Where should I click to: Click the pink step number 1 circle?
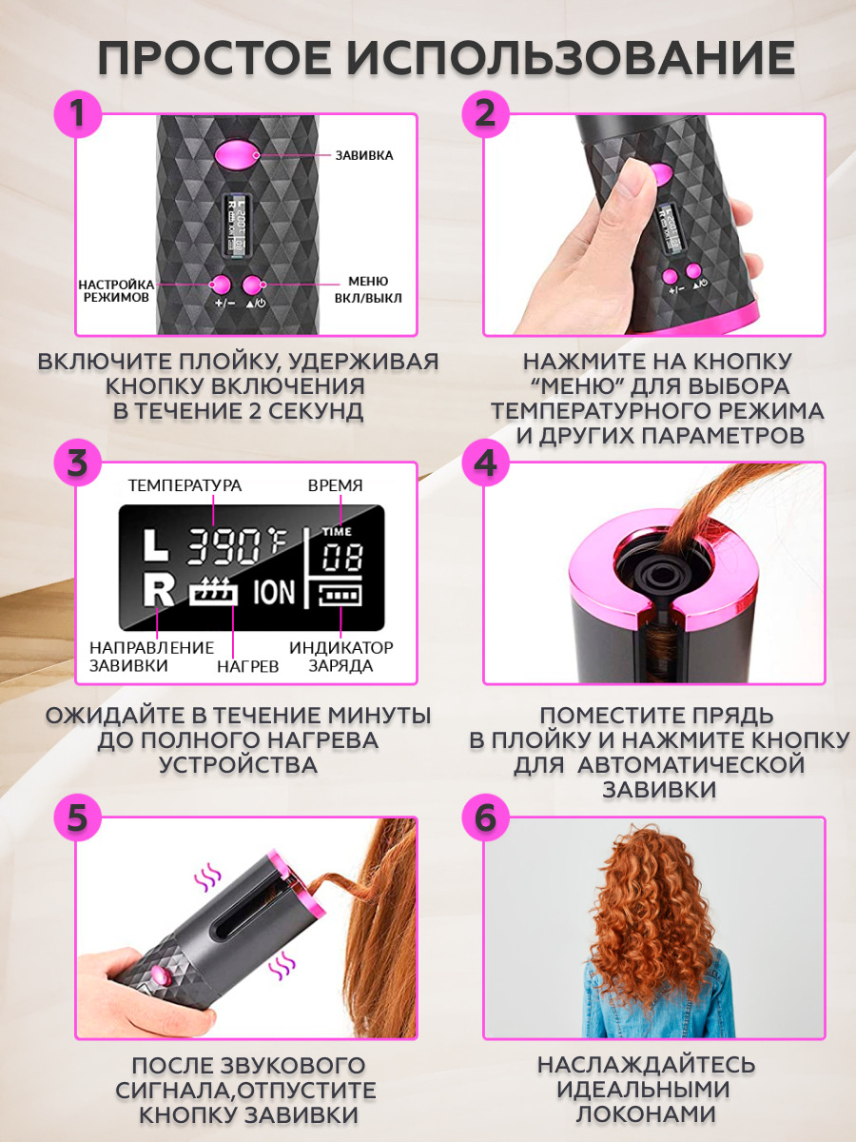[x=78, y=114]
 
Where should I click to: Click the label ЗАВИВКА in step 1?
[x=364, y=155]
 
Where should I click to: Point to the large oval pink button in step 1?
[x=237, y=155]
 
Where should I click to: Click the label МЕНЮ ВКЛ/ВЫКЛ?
[x=368, y=290]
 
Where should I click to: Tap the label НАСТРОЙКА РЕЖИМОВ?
[x=116, y=291]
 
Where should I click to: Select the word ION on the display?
[x=274, y=593]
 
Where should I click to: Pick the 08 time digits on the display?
[x=341, y=559]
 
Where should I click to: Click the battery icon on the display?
[x=340, y=595]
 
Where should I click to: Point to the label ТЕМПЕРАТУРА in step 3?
[x=185, y=485]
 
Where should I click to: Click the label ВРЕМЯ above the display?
[x=335, y=485]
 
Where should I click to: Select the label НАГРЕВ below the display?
[x=248, y=666]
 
